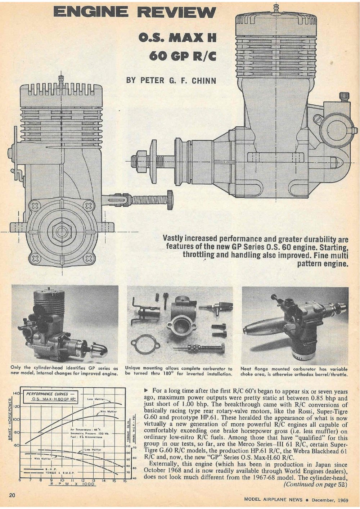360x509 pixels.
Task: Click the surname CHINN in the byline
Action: coord(204,80)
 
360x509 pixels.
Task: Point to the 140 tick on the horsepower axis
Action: coord(16,393)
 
